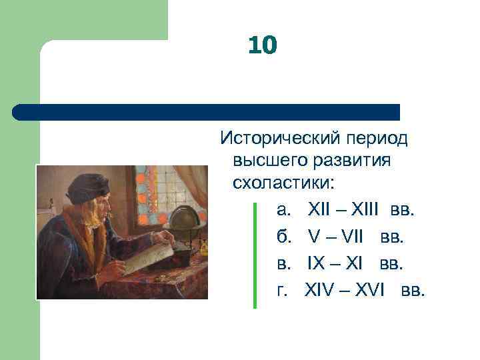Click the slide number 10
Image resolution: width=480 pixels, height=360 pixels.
click(262, 45)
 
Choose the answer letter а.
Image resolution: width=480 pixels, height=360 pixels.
click(283, 211)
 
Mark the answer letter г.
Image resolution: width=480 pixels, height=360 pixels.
click(283, 291)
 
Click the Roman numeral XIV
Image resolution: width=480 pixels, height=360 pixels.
click(320, 291)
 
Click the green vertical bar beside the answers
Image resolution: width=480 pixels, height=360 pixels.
click(255, 253)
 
